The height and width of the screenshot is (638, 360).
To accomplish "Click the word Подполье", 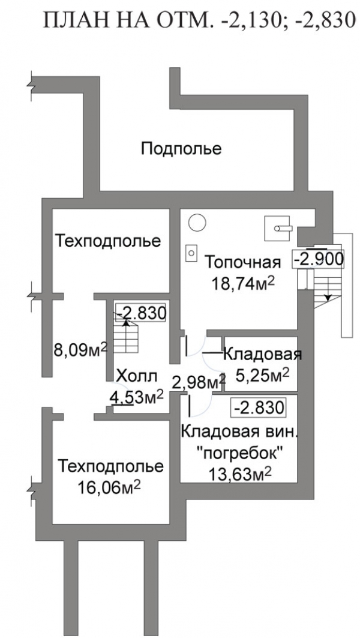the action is tap(181, 149).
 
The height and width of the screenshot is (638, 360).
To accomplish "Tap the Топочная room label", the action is tap(242, 262).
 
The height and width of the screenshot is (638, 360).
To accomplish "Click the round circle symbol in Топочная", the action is tap(197, 223).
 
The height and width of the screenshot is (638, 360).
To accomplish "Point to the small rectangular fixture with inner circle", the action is tap(191, 253).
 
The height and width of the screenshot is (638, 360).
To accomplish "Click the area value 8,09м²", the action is tap(80, 349).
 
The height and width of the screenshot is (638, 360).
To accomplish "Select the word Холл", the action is tap(136, 376).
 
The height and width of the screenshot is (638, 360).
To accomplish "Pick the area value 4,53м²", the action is tap(137, 397).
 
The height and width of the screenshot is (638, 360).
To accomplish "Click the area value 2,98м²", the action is tap(199, 382).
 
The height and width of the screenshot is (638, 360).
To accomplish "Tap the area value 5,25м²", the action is tap(262, 375).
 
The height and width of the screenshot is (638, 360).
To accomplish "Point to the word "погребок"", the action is tap(239, 452).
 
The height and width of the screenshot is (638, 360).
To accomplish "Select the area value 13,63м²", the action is tap(241, 474).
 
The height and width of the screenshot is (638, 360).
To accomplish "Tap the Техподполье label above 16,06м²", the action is tap(110, 466).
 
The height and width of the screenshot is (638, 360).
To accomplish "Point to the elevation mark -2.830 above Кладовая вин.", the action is tap(257, 407).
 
